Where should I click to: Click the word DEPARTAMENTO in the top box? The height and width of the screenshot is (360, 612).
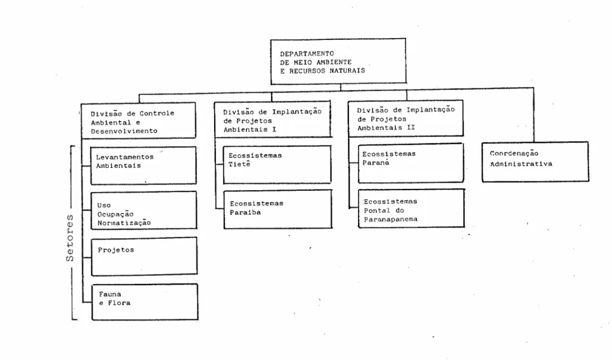tap(307, 53)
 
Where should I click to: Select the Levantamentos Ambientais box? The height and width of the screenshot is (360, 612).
tap(143, 165)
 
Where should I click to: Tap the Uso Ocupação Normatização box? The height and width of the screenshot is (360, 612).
tap(144, 210)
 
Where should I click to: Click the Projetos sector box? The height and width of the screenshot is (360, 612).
tap(144, 256)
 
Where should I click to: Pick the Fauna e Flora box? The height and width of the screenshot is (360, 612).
tap(145, 302)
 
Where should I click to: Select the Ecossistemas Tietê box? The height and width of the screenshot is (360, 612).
tap(277, 164)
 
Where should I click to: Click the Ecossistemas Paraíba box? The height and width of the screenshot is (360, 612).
tap(278, 209)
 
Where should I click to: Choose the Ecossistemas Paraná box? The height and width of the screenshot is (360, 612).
tap(411, 163)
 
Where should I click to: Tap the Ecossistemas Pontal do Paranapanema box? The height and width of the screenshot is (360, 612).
tap(411, 208)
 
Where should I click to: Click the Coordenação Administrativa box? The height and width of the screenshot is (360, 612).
tap(535, 162)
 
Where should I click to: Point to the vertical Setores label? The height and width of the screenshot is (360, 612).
tap(70, 238)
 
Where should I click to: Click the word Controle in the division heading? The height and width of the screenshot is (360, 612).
tap(157, 113)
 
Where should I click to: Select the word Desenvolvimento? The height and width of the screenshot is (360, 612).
tap(124, 131)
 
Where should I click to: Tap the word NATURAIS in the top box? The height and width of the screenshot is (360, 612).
tap(347, 71)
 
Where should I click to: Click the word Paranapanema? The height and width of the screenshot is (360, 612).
tap(391, 219)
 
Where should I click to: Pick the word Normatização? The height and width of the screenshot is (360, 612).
tap(124, 223)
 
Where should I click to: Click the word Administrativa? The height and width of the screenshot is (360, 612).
tap(521, 164)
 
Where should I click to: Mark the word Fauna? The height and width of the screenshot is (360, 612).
tap(110, 294)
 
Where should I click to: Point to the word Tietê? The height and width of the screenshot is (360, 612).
tap(239, 164)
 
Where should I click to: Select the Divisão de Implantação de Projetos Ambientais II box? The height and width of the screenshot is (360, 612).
tap(405, 119)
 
